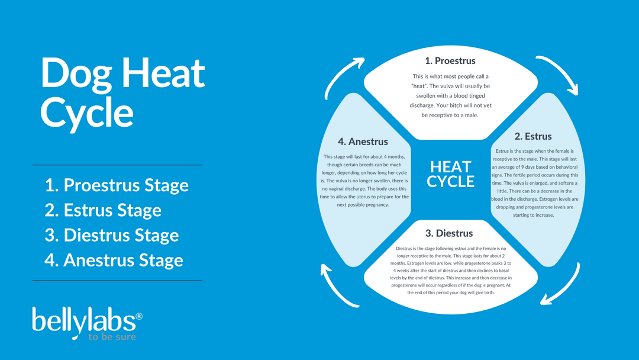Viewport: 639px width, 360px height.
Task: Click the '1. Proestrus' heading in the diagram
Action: point(450,61)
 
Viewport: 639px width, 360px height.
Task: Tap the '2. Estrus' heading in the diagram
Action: point(532,137)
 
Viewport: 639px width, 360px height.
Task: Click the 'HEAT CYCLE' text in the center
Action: point(450,174)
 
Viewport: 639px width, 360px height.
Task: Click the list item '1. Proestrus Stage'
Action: point(117,185)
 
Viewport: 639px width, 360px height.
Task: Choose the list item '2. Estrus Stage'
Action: point(103,210)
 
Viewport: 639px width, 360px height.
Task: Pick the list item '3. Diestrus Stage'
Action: point(112,235)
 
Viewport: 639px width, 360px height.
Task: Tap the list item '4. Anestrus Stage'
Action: point(114,260)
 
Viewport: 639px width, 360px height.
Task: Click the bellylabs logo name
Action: point(83,320)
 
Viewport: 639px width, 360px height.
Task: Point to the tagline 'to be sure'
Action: point(112,337)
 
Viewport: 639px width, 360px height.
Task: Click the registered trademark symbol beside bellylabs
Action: point(139,317)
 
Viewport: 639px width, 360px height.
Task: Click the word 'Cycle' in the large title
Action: point(86,112)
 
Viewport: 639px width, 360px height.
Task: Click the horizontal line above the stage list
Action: point(117,165)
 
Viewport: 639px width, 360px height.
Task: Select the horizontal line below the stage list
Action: point(117,280)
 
